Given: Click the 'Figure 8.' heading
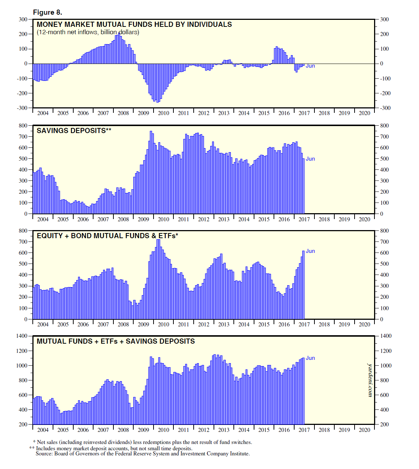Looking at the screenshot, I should pyautogui.click(x=47, y=12).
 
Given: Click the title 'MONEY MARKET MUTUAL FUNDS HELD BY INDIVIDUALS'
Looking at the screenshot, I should pyautogui.click(x=134, y=25).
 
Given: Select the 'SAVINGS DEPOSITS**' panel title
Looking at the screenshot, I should pyautogui.click(x=74, y=131).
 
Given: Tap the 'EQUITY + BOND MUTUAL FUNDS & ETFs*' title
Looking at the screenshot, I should pyautogui.click(x=107, y=236).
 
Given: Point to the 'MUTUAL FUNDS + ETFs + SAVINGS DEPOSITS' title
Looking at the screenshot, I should pyautogui.click(x=116, y=341).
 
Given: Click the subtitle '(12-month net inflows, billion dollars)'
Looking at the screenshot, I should pyautogui.click(x=88, y=32).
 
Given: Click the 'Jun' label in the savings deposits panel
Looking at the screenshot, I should pyautogui.click(x=310, y=159).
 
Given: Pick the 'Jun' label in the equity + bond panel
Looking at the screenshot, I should pyautogui.click(x=310, y=251).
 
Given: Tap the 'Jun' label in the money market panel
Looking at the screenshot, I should pyautogui.click(x=310, y=66).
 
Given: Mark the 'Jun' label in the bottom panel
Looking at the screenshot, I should pyautogui.click(x=310, y=358).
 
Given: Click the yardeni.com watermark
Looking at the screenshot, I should pyautogui.click(x=370, y=380).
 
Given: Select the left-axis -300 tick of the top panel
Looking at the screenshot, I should pyautogui.click(x=23, y=108).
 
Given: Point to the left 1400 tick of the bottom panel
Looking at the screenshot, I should pyautogui.click(x=22, y=336).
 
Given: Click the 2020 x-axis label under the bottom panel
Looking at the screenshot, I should pyautogui.click(x=364, y=430).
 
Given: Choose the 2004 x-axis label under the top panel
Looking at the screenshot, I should pyautogui.click(x=43, y=113).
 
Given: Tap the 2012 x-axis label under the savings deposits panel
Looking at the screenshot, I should pyautogui.click(x=204, y=219).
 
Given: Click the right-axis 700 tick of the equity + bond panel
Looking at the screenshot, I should pyautogui.click(x=384, y=242).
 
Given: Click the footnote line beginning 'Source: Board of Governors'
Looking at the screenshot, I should pyautogui.click(x=142, y=454).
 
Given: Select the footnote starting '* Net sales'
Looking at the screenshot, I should pyautogui.click(x=142, y=443).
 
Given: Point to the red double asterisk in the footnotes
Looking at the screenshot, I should pyautogui.click(x=32, y=448).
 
